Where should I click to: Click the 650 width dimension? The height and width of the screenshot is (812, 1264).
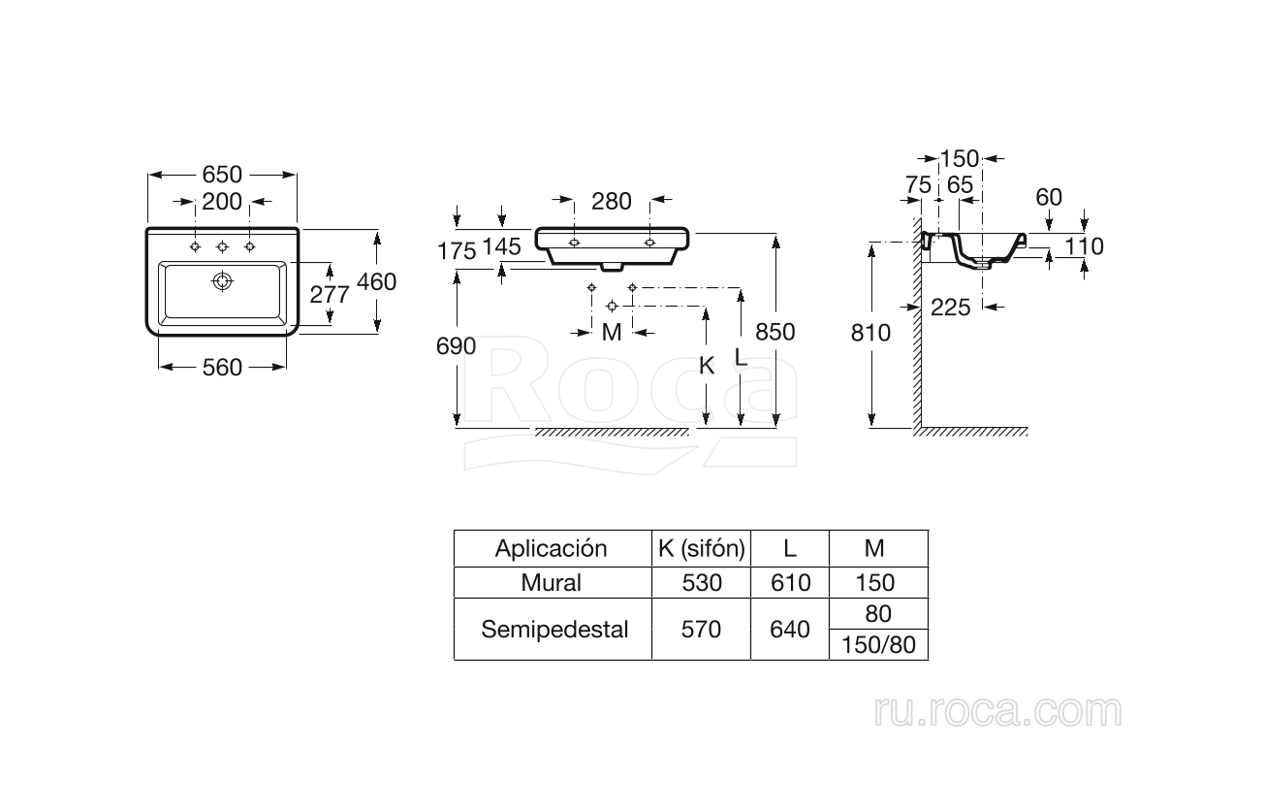point(222,176)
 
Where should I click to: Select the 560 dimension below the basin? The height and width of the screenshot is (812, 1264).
point(222,367)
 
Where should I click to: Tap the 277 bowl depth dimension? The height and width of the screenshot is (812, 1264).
point(330,294)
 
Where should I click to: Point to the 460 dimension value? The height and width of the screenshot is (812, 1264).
point(376,281)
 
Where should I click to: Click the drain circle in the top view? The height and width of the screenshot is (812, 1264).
point(223,281)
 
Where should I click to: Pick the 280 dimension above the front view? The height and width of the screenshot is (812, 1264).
point(611,202)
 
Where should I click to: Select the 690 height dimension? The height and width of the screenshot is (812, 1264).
point(458,345)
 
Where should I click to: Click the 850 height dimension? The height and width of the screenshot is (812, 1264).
point(774,332)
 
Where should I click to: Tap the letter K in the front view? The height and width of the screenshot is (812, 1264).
point(707,366)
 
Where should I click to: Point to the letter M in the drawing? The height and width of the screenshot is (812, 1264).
point(611,333)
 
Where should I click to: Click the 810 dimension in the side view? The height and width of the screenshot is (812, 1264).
point(871,333)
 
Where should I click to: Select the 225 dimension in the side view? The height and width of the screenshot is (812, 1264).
point(950,308)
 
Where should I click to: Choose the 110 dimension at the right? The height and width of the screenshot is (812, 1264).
point(1084,246)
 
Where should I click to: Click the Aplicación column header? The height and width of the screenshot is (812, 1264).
point(551,548)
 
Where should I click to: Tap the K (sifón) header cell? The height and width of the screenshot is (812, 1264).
point(701,548)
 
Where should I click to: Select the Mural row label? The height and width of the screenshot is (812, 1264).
point(551,582)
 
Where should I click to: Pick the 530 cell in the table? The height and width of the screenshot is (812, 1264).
point(701,582)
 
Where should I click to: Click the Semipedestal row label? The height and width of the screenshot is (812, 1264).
point(554,629)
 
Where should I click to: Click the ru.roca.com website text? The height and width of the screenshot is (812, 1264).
point(997,712)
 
